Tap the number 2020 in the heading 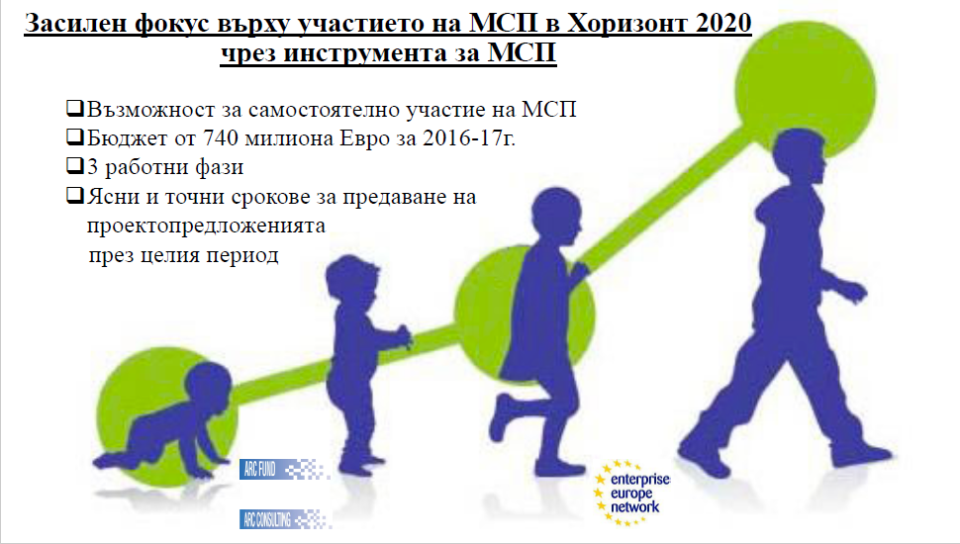(x=723, y=24)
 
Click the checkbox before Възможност (x=74, y=109)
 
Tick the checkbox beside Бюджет (x=74, y=136)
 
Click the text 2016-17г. (x=469, y=137)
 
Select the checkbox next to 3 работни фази (x=74, y=166)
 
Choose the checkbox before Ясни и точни (x=74, y=195)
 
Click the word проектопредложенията (x=206, y=226)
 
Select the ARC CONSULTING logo (x=285, y=519)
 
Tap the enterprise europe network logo (x=631, y=494)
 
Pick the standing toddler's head (x=353, y=281)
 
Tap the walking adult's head (x=796, y=157)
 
